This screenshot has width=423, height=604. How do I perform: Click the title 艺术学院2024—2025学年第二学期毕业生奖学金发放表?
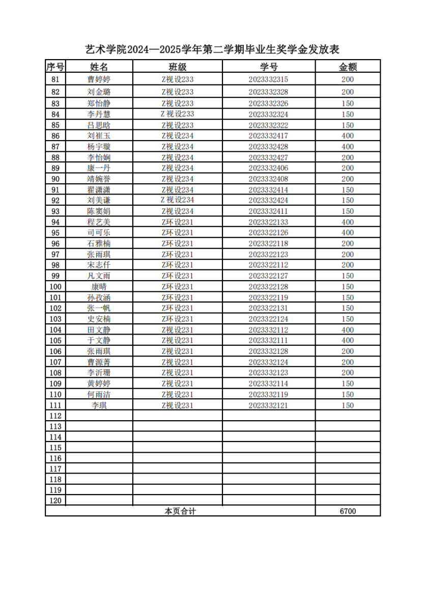212,50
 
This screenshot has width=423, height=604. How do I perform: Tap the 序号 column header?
55,67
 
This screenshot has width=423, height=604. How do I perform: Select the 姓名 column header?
99,67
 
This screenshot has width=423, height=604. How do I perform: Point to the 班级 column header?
178,67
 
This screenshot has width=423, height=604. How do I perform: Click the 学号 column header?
269,67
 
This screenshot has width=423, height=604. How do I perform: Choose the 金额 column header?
348,67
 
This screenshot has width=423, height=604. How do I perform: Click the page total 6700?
348,511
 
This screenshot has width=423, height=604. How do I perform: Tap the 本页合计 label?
180,511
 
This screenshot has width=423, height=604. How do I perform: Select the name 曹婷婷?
99,79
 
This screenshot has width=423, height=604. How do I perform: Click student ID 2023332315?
269,79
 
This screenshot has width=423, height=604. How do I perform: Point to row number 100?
55,287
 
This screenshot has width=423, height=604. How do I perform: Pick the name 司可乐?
99,233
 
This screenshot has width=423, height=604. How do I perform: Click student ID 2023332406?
269,168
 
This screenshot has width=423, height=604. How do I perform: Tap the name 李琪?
99,405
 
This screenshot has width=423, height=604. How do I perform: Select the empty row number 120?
55,501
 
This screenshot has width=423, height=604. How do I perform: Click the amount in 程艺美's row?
348,222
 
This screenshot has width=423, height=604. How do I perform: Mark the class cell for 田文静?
178,330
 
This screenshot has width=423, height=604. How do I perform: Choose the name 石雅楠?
99,243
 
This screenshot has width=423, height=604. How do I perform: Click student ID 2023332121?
269,405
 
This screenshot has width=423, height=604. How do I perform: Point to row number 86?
55,136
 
